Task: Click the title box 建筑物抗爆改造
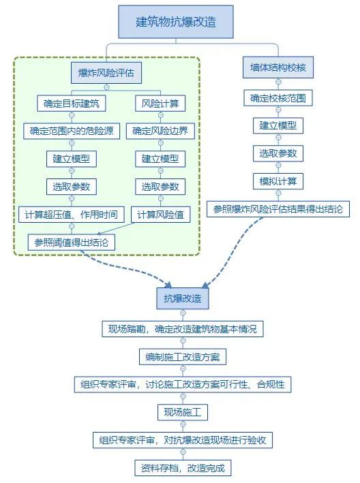(x=176, y=22)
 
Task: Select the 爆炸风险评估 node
(x=106, y=73)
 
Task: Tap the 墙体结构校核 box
(x=277, y=68)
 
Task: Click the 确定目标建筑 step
(x=70, y=104)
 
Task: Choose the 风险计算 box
(x=160, y=104)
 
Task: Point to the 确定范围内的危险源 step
(x=70, y=131)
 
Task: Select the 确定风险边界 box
(x=160, y=131)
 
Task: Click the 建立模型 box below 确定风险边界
(x=160, y=159)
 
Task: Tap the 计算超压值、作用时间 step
(x=70, y=214)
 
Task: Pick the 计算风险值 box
(x=160, y=214)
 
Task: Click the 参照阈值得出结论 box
(x=70, y=242)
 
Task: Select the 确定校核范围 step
(x=277, y=98)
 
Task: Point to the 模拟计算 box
(x=277, y=181)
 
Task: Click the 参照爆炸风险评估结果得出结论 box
(x=277, y=209)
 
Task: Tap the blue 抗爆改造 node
(x=182, y=298)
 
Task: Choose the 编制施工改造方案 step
(x=182, y=357)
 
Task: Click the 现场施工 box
(x=182, y=413)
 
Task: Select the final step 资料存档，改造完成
(x=182, y=468)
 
